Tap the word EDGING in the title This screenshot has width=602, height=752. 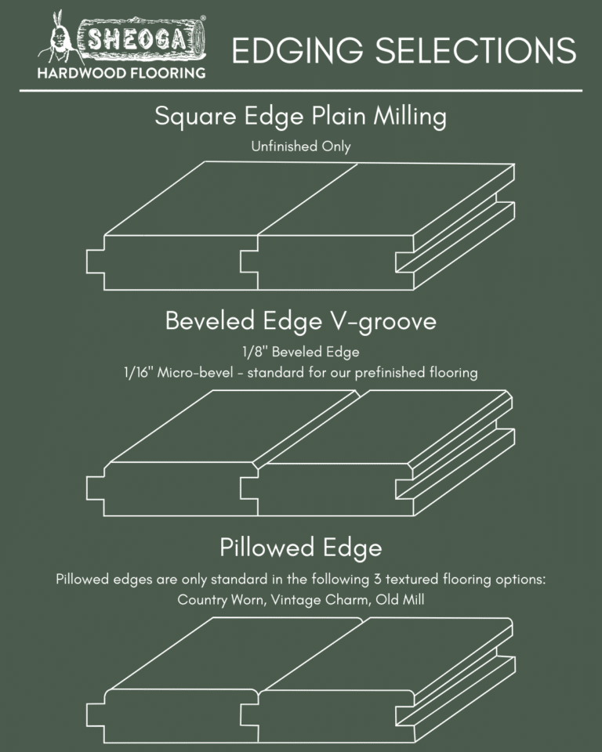coord(291,52)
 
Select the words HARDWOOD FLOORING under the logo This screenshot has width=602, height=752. coord(121,74)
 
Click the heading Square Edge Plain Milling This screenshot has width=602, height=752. coord(300,117)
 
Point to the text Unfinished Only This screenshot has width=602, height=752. coord(300,146)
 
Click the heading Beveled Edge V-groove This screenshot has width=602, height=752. coord(300,321)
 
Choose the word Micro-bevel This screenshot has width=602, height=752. coord(197,373)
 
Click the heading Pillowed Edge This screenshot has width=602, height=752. coord(300,547)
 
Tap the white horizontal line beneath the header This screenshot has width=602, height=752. coord(300,91)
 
